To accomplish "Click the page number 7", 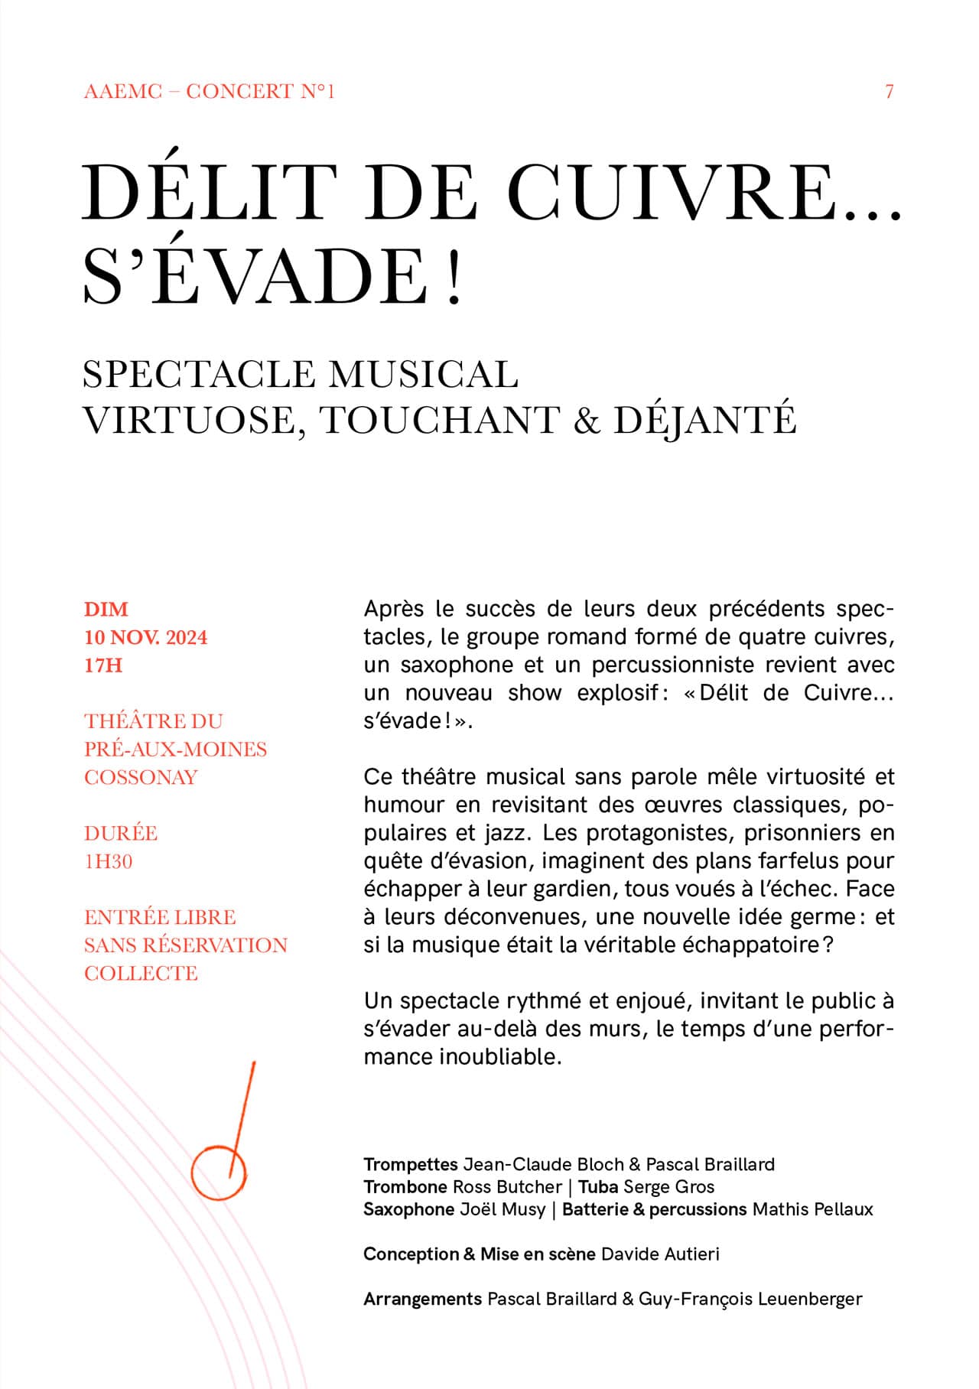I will pyautogui.click(x=889, y=92).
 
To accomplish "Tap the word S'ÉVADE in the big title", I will pyautogui.click(x=253, y=275).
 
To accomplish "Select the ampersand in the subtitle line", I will pyautogui.click(x=586, y=420).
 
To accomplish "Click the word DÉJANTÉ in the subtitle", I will pyautogui.click(x=704, y=420).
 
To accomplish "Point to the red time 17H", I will pyautogui.click(x=103, y=665).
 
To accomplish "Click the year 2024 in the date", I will pyautogui.click(x=187, y=638).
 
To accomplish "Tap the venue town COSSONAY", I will pyautogui.click(x=141, y=777).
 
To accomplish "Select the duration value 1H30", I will pyautogui.click(x=109, y=861).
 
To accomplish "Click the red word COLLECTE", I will pyautogui.click(x=141, y=973).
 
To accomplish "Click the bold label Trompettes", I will pyautogui.click(x=410, y=1164).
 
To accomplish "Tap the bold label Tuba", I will pyautogui.click(x=598, y=1186).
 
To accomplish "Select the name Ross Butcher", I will pyautogui.click(x=507, y=1186).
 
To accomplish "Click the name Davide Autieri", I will pyautogui.click(x=660, y=1254).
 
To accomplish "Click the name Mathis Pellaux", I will pyautogui.click(x=812, y=1208).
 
